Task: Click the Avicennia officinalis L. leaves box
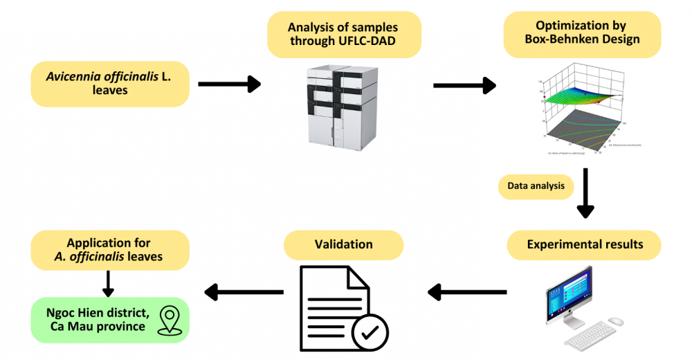[109, 83]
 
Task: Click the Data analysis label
[536, 186]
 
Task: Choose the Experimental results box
[584, 244]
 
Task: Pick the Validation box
[344, 244]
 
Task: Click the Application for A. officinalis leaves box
[109, 250]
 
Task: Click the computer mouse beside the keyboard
[617, 322]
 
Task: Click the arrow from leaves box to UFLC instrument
[229, 84]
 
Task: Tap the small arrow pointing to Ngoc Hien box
[108, 282]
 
